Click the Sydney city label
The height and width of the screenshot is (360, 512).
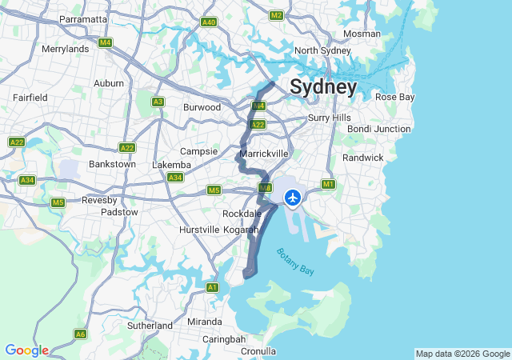(323, 86)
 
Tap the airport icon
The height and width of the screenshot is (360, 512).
(292, 196)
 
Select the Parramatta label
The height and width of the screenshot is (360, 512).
(83, 18)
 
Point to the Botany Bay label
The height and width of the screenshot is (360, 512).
(297, 262)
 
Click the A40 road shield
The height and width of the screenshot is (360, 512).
(209, 22)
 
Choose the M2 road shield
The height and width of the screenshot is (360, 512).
(277, 15)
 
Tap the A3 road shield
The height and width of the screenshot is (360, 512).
(158, 102)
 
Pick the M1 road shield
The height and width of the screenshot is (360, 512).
(328, 185)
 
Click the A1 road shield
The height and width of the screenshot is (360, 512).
(212, 287)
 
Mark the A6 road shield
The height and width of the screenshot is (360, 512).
(80, 334)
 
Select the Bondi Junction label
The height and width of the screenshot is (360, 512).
(379, 129)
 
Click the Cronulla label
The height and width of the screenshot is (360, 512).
(258, 351)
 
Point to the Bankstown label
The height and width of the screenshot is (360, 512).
(111, 164)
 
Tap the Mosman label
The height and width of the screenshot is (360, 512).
(362, 34)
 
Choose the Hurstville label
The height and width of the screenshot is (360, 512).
(199, 230)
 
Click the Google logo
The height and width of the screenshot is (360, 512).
(26, 350)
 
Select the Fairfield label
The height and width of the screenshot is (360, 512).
(30, 97)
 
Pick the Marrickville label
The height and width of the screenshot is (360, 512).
(263, 153)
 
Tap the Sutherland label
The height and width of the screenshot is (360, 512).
(150, 326)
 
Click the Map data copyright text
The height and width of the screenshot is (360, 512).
(462, 354)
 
